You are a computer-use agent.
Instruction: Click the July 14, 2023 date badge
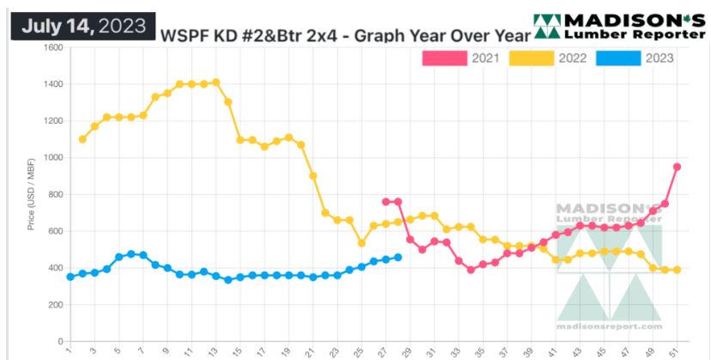pyautogui.click(x=82, y=25)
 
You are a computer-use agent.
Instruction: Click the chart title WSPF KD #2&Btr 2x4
pyautogui.click(x=340, y=35)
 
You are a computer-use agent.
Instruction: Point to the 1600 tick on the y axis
pyautogui.click(x=53, y=47)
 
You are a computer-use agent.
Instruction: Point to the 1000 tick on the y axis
pyautogui.click(x=53, y=158)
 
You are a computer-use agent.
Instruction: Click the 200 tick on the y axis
pyautogui.click(x=56, y=305)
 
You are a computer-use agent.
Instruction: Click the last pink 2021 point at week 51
pyautogui.click(x=678, y=167)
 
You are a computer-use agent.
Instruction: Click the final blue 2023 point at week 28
pyautogui.click(x=398, y=257)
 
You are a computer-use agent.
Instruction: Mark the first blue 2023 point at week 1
pyautogui.click(x=70, y=277)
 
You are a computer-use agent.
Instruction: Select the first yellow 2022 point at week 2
pyautogui.click(x=82, y=139)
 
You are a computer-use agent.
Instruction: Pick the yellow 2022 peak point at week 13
pyautogui.click(x=216, y=82)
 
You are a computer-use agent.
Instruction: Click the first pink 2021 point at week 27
pyautogui.click(x=386, y=201)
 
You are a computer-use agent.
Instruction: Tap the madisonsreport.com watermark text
pyautogui.click(x=611, y=326)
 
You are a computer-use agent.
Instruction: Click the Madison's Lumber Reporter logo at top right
pyautogui.click(x=617, y=26)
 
